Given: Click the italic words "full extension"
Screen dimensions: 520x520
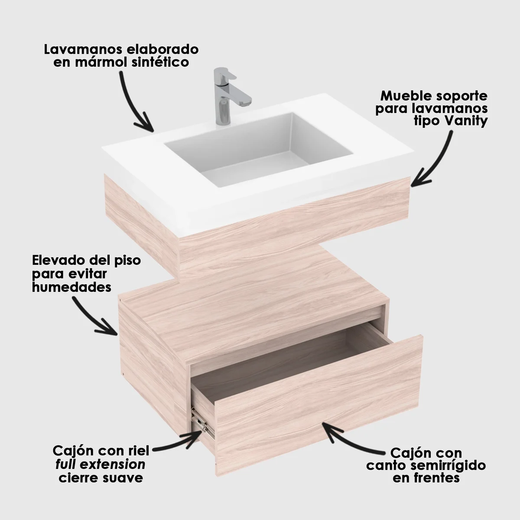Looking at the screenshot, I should (100, 465).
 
